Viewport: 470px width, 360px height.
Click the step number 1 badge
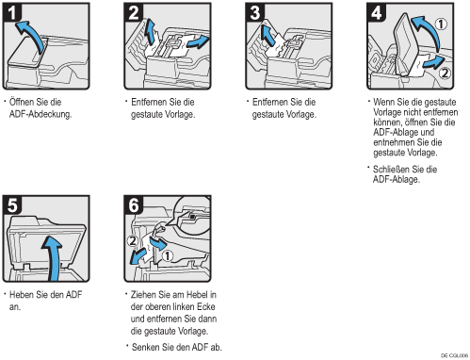coord(12,12)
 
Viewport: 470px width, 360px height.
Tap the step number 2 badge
coord(134,12)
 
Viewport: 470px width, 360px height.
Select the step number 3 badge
coord(255,12)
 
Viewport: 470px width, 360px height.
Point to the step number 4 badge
coord(377,12)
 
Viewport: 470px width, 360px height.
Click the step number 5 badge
coord(12,205)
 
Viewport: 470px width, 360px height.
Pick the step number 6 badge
coord(134,205)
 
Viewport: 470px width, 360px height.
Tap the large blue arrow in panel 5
coord(54,256)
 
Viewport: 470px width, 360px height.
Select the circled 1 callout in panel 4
coord(441,24)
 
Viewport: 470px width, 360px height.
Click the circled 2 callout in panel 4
coord(445,74)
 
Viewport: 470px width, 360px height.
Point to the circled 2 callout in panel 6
coord(133,241)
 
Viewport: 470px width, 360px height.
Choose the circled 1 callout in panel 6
coord(168,255)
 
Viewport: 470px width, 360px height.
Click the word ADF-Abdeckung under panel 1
coord(41,114)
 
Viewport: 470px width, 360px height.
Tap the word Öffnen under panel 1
coord(22,102)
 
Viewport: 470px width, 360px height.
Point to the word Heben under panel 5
coord(22,295)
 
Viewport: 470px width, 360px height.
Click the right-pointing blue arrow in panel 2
coord(198,42)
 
